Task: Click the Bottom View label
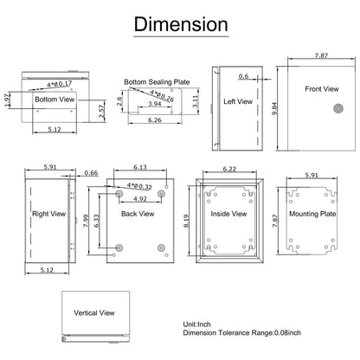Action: pos(54,100)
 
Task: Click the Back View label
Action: pos(138,213)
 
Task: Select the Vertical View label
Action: pos(93,315)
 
